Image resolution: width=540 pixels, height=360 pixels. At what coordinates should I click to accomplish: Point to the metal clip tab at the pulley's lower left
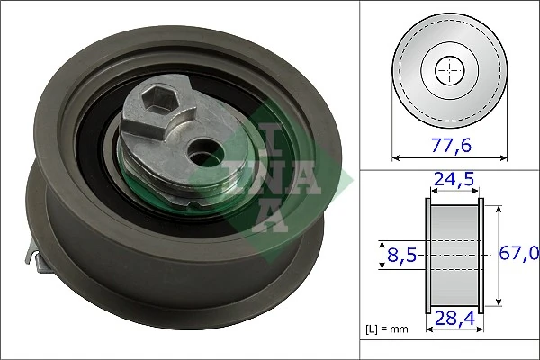point(40,260)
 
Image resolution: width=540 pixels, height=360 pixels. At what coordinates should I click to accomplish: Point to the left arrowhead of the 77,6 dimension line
point(397,157)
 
